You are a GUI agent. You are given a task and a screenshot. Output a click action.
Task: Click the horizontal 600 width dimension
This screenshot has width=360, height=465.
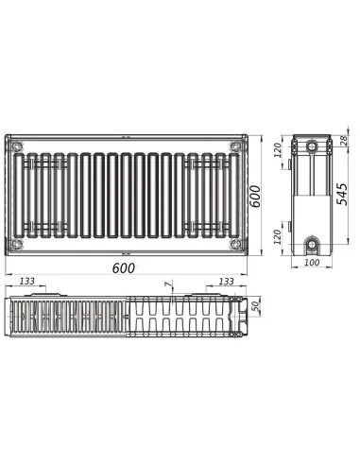point(123,267)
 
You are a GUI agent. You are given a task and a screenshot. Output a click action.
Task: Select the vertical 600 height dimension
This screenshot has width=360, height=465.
point(255,197)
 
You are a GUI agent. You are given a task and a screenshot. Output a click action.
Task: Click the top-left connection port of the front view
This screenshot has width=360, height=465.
point(16,146)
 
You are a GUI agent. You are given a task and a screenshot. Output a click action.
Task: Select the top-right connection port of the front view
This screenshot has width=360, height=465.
point(233,146)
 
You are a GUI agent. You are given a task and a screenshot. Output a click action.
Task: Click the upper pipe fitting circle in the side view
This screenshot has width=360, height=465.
point(312,147)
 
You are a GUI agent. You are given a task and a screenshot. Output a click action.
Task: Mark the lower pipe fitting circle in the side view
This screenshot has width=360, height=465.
point(312,243)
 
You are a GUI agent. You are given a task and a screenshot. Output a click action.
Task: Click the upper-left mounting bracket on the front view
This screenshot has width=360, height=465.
point(40,164)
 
